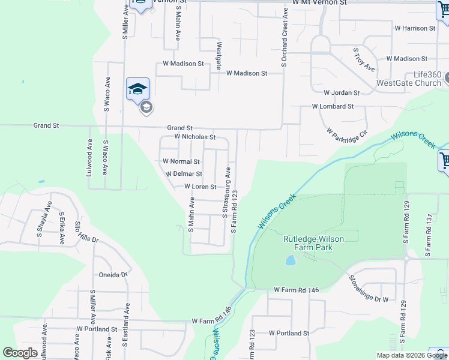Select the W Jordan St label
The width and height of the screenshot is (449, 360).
point(341,93)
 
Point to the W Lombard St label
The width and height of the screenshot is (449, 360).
point(333,106)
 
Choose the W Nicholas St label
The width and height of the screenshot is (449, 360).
point(194,137)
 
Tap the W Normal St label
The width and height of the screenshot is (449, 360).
point(181,161)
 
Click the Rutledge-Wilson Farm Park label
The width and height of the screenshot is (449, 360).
point(313,243)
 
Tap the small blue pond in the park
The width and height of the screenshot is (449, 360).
point(291,260)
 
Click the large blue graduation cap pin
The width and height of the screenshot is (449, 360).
point(137,89)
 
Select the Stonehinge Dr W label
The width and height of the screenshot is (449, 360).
point(369,289)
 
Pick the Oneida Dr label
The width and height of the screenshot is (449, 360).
point(113,275)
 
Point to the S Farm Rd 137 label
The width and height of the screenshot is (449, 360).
point(429,235)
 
